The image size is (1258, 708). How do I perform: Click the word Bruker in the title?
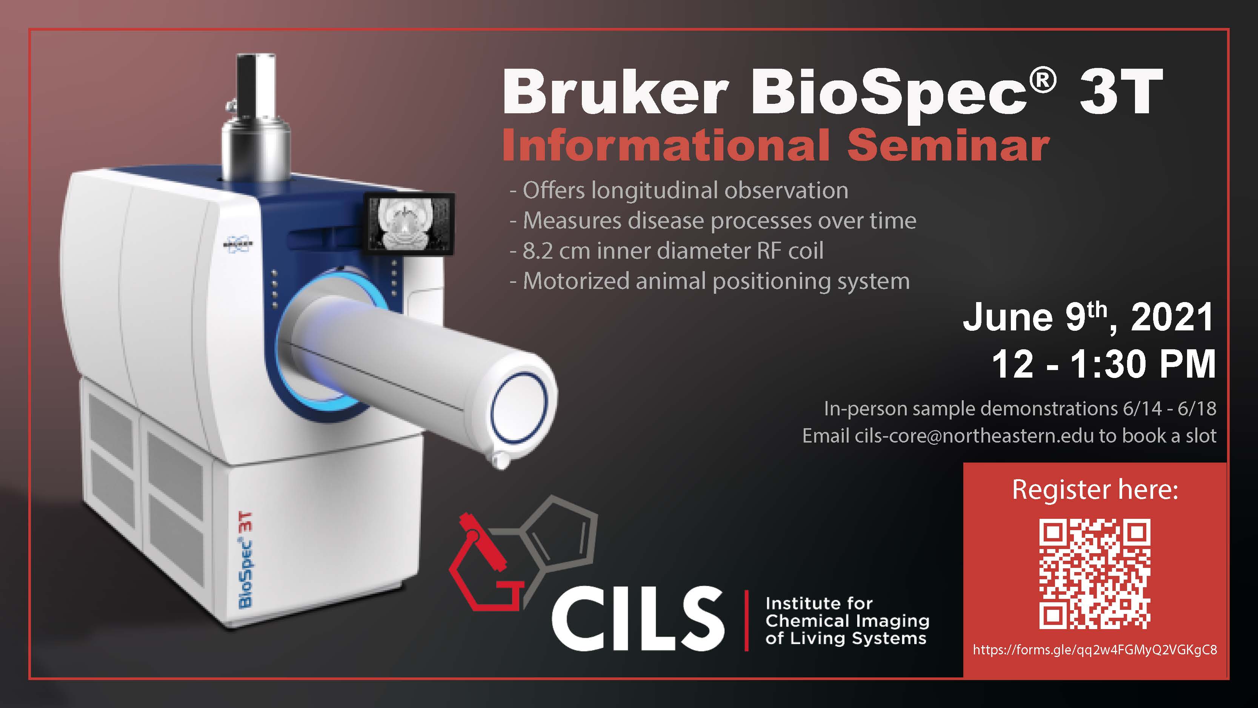614,93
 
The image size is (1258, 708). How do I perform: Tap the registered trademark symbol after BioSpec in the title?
1042,81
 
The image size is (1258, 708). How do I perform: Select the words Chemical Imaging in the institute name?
847,621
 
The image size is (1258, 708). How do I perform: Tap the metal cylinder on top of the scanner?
255,117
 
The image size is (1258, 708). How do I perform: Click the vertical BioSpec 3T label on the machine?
246,560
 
